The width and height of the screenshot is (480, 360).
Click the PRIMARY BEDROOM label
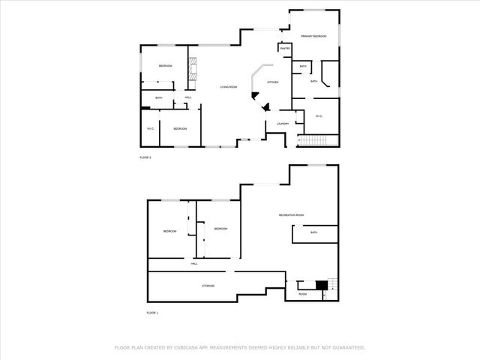point(313,36)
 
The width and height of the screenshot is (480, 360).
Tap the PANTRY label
point(285,49)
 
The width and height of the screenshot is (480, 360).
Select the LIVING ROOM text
point(229,88)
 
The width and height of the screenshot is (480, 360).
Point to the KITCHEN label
point(273,82)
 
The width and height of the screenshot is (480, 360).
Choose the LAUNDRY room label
point(283,124)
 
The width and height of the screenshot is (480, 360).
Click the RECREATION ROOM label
point(291,215)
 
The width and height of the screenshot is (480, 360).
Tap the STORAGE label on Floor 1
point(208,286)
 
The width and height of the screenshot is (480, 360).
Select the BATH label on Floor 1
point(313,232)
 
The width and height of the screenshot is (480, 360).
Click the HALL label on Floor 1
point(193,264)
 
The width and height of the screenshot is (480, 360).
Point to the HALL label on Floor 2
point(187,97)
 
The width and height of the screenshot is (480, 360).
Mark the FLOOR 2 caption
point(145,157)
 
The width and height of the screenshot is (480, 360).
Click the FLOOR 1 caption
point(152,313)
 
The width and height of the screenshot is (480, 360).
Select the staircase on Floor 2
point(314,142)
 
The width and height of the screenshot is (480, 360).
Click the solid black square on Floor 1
point(321,285)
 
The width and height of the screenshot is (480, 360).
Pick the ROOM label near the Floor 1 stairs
point(303,295)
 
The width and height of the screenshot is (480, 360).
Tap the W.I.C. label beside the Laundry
point(319,115)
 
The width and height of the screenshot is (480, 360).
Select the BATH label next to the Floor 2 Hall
point(159,98)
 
